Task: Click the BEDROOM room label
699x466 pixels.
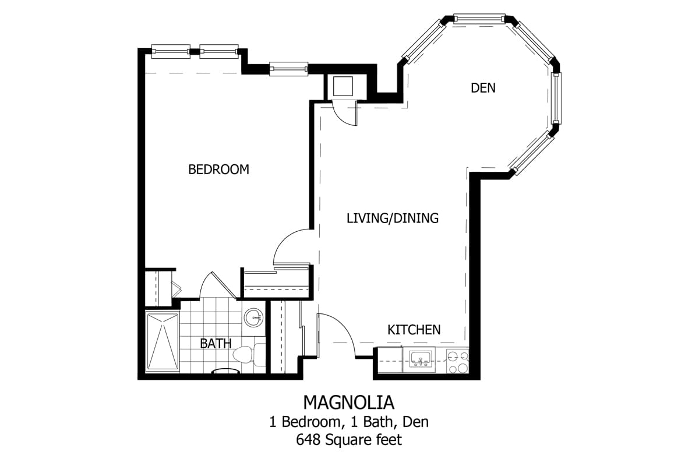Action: tap(219, 170)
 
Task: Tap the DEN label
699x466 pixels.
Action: tap(483, 88)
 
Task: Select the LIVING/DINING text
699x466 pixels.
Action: tap(393, 218)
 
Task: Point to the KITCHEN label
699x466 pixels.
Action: tap(414, 330)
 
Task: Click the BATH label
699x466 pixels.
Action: tap(216, 344)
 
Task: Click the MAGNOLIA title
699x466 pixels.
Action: tap(349, 403)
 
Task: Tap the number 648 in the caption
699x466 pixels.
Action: tap(308, 440)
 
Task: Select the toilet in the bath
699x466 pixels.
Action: tap(249, 355)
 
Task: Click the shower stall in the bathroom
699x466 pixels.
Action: tap(163, 341)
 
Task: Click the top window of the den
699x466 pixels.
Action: tap(479, 19)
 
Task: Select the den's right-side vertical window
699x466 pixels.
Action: tap(556, 98)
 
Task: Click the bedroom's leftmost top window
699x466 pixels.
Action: tap(171, 51)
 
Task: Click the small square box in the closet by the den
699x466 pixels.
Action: tap(343, 86)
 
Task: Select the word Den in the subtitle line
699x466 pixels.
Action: tap(416, 422)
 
